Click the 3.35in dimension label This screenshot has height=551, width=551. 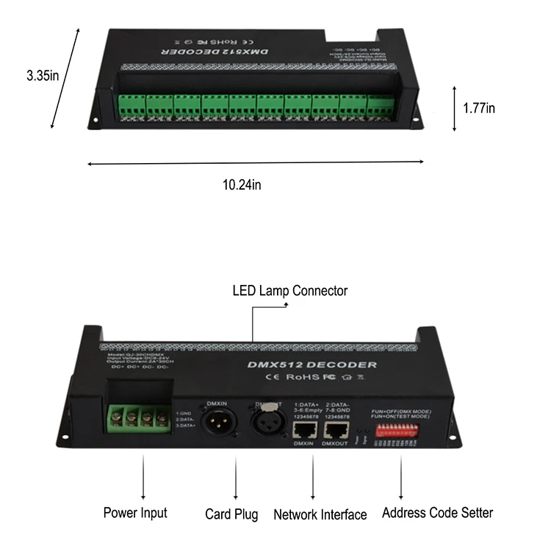(43, 76)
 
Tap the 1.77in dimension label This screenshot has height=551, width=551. (479, 108)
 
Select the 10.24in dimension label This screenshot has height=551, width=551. (242, 184)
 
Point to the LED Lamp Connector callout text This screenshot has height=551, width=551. (290, 291)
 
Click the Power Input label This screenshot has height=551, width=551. (135, 513)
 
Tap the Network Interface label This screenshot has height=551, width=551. (320, 515)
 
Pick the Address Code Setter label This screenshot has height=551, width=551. (437, 513)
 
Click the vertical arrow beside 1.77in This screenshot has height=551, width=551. (454, 108)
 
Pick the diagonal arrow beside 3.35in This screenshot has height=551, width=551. (64, 79)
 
